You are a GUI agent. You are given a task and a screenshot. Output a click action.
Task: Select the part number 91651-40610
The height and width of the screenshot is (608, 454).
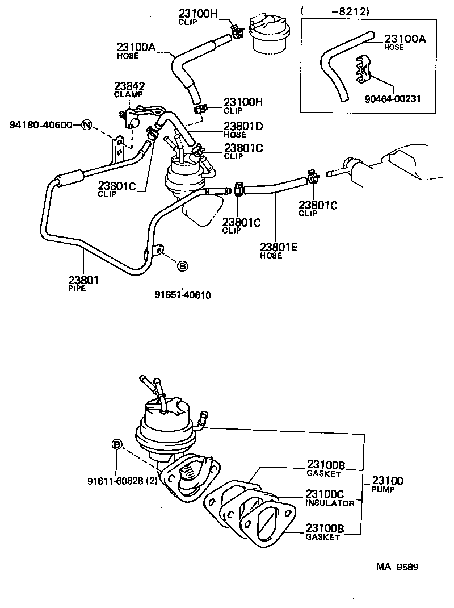click(x=182, y=294)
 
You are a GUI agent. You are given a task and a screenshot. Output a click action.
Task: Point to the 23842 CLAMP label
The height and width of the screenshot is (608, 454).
click(x=129, y=90)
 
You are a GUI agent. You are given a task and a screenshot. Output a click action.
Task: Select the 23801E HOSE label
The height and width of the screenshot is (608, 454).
click(x=278, y=250)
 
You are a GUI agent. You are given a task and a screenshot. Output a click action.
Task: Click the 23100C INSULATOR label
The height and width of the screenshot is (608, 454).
click(x=330, y=498)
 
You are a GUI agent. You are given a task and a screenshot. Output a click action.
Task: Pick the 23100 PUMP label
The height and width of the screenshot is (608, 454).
click(x=388, y=484)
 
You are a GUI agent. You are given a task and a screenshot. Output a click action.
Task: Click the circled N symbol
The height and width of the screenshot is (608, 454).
click(x=86, y=124)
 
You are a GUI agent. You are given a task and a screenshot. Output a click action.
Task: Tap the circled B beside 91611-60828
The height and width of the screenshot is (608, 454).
click(x=116, y=444)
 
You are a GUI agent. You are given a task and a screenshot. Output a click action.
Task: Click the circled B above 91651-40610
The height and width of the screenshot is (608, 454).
click(x=183, y=266)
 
